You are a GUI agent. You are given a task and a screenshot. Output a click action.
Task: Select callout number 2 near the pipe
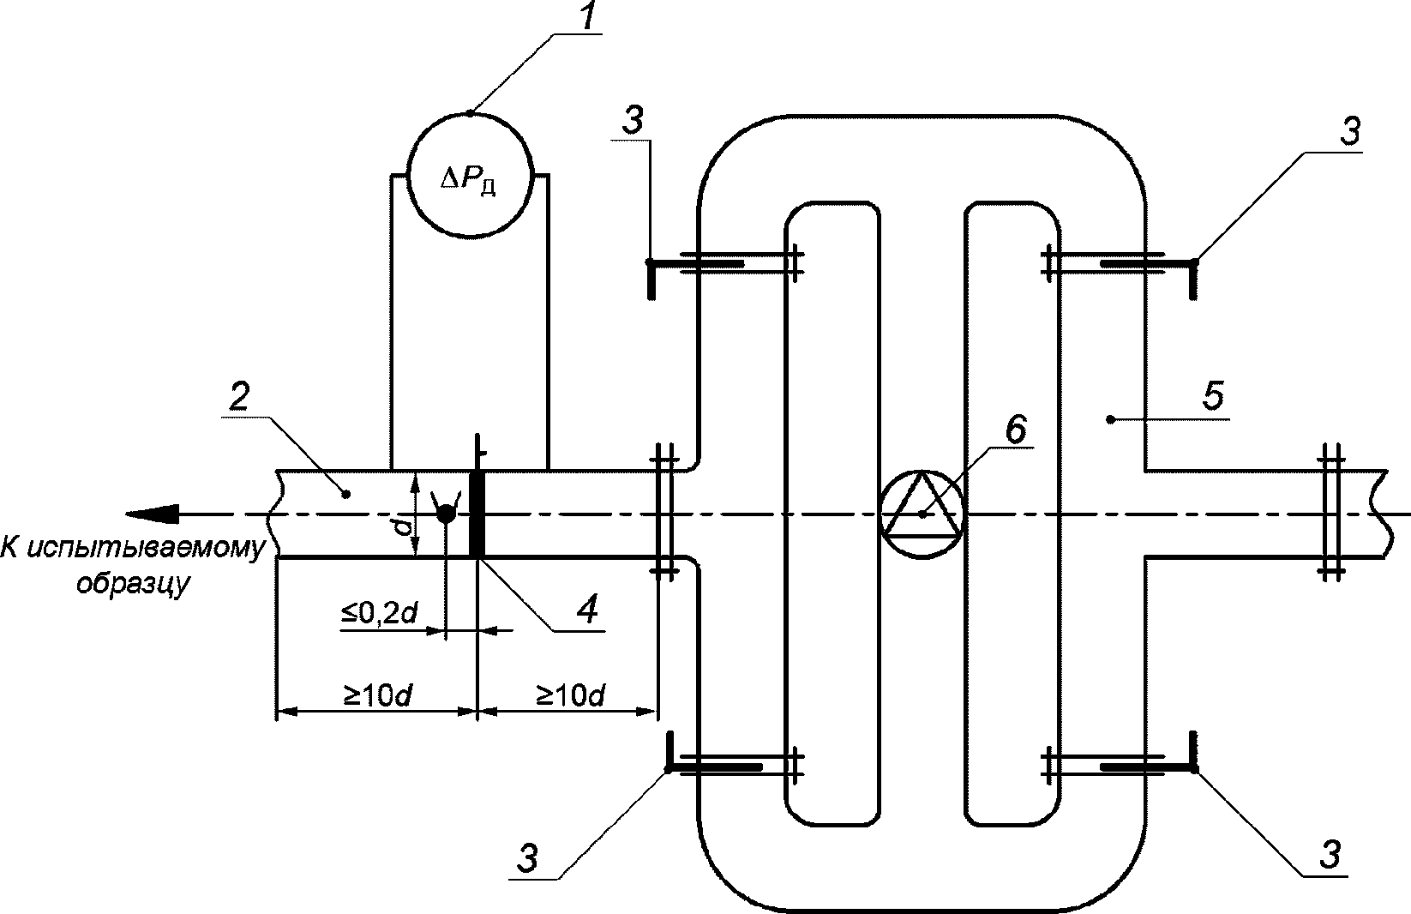(x=239, y=396)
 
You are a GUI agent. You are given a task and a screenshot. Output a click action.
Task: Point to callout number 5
(x=1213, y=396)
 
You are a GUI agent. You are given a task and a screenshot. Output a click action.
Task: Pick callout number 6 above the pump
(x=1015, y=429)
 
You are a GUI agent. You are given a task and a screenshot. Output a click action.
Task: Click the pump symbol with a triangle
(x=922, y=514)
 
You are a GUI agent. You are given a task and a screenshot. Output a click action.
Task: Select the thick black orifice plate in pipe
(x=477, y=514)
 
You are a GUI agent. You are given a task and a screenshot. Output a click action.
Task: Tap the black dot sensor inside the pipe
(x=446, y=514)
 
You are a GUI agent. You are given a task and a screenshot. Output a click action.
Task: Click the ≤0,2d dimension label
(x=379, y=612)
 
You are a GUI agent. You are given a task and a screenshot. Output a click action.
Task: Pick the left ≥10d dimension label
(x=377, y=695)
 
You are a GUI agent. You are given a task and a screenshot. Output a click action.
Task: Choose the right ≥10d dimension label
(x=570, y=695)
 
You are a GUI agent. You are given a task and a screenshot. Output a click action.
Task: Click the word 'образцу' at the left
(x=132, y=583)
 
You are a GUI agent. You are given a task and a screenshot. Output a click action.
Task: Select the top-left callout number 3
(x=633, y=120)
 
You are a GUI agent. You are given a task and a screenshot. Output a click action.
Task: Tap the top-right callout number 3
(x=1348, y=132)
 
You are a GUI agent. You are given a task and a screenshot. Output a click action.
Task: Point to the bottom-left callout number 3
(x=527, y=858)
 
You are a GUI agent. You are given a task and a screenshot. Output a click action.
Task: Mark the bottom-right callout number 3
(x=1329, y=855)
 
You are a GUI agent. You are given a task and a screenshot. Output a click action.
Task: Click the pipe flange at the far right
(x=1331, y=514)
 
